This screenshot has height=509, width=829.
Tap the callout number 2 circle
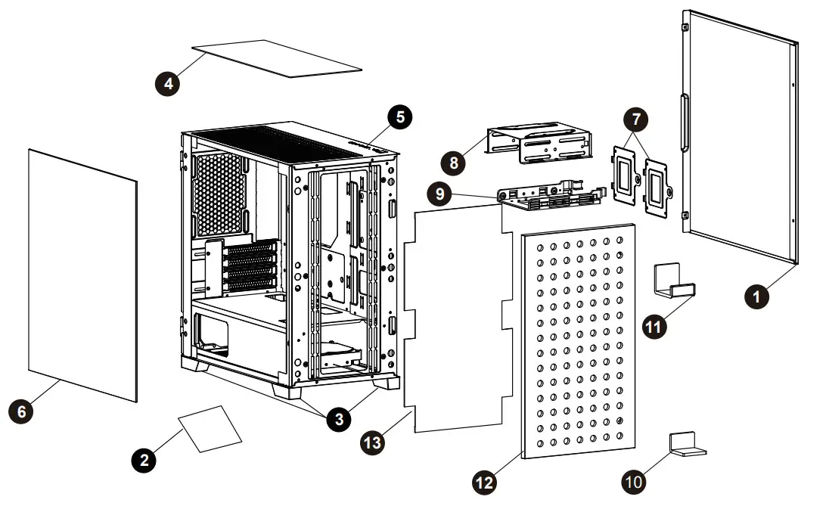(143, 458)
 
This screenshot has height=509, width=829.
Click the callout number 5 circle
(399, 116)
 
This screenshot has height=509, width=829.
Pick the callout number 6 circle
(21, 411)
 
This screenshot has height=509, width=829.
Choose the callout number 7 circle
(635, 119)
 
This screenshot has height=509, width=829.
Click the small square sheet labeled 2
(210, 428)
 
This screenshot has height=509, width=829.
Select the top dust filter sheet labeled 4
(277, 58)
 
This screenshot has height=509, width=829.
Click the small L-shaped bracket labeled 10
(686, 444)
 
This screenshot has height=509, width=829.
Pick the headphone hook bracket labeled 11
(673, 281)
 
